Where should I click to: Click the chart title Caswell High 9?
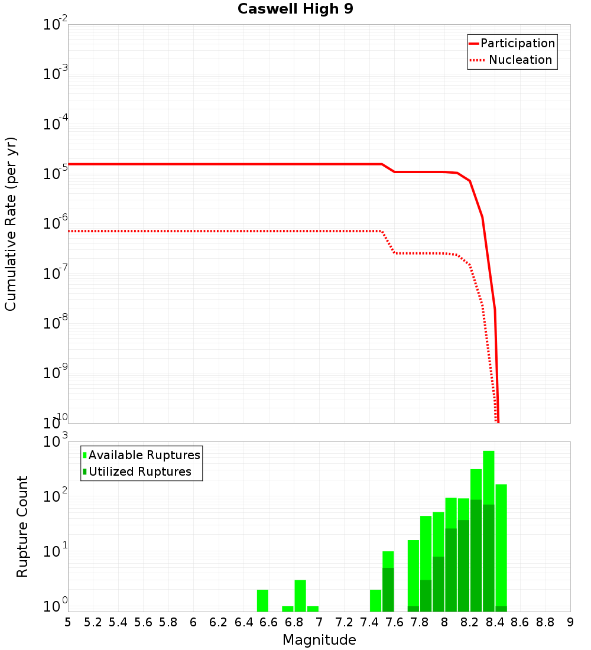295,9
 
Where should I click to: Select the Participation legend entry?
512,43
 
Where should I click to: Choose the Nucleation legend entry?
512,60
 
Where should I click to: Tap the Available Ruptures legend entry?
141,455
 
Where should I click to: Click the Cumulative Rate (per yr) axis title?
11,224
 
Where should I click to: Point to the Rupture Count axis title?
22,526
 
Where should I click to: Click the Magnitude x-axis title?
319,640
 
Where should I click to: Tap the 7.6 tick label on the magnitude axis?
395,622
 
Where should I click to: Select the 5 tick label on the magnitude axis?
68,622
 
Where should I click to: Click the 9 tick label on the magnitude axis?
570,622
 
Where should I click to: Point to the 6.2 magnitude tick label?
219,622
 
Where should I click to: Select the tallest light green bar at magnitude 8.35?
489,473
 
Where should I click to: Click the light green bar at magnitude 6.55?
263,600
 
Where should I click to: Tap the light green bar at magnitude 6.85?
300,596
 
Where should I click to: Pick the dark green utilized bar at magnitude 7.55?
388,590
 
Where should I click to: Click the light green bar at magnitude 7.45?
376,600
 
